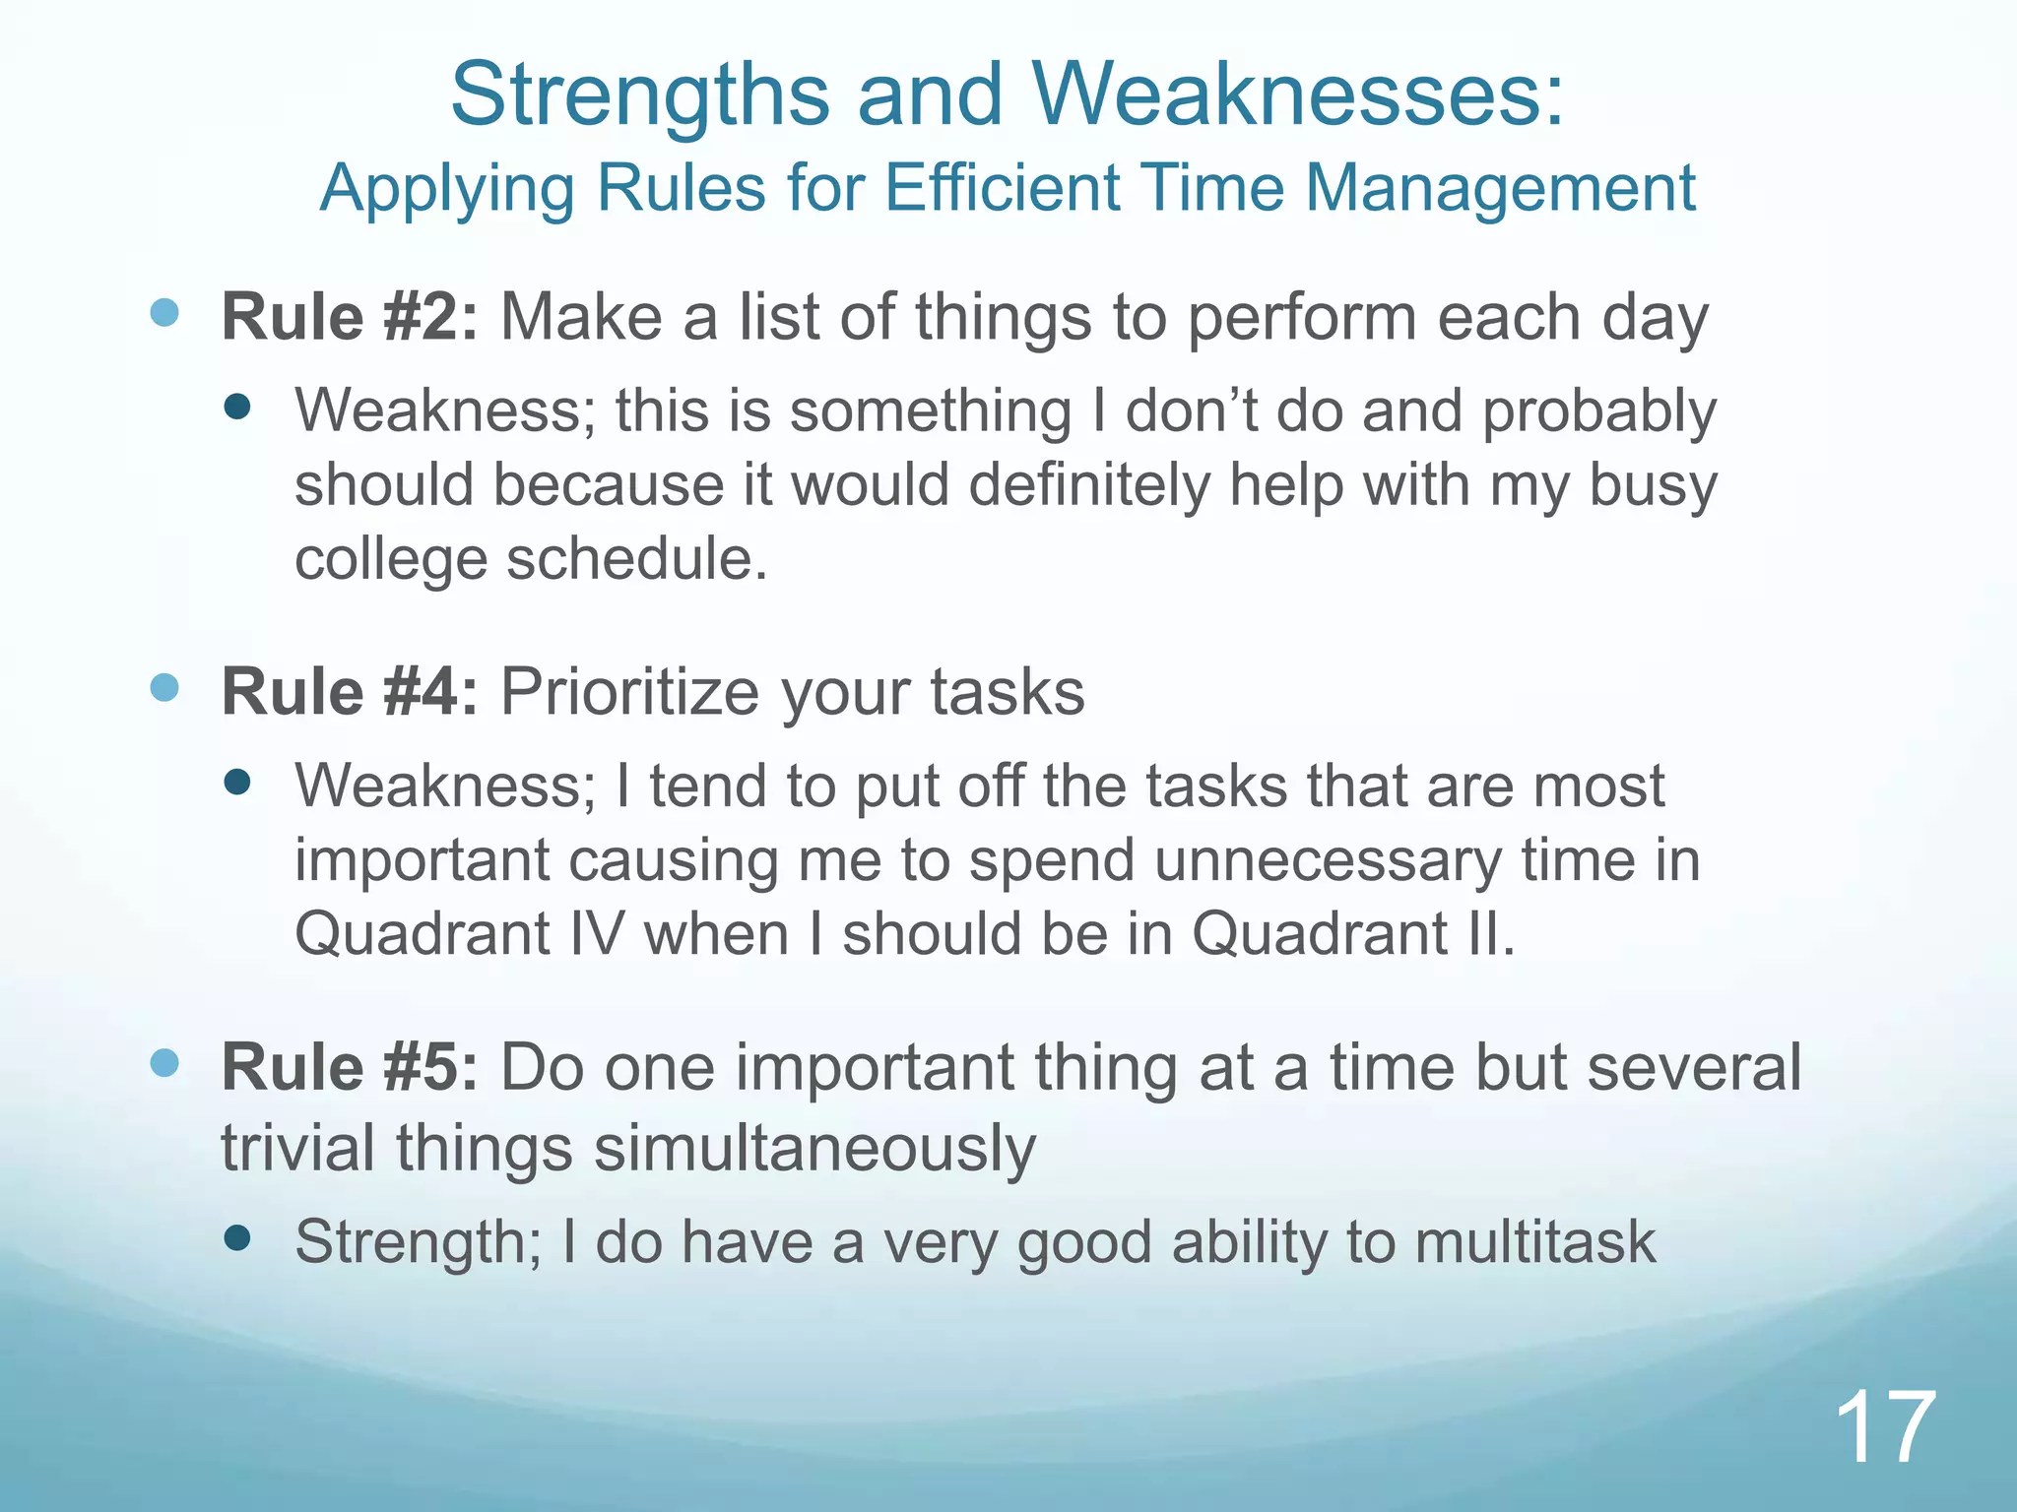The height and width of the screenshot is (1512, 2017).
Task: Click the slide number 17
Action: (1885, 1427)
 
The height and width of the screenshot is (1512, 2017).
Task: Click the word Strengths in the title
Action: (641, 95)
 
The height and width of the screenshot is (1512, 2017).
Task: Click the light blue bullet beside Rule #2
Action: (164, 313)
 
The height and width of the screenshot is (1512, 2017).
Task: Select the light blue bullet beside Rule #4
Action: (164, 687)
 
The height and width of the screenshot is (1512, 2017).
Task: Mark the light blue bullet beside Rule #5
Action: (164, 1062)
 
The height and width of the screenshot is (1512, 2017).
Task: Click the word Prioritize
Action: (629, 692)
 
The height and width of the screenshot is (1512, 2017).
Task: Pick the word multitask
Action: (1535, 1242)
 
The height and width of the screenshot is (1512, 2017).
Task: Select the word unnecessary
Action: (1328, 860)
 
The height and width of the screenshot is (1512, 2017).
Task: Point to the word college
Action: (391, 559)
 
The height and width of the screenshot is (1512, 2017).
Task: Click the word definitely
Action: (1089, 485)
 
